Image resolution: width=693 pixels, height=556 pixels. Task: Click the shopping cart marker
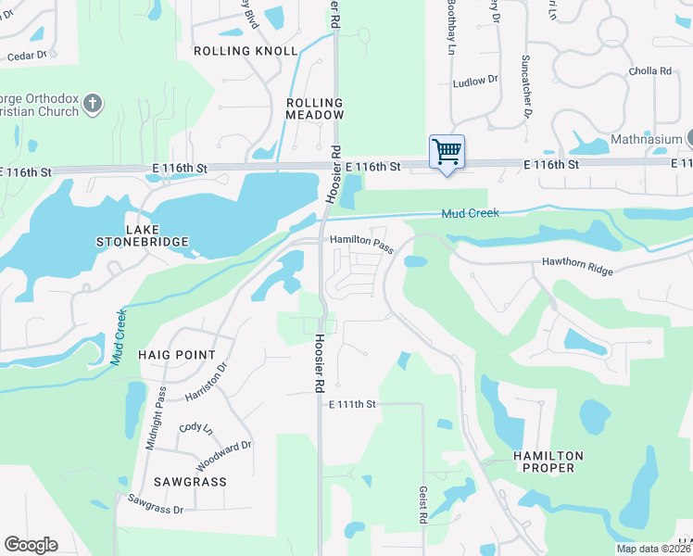[447, 151]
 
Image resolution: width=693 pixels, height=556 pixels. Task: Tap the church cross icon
[92, 103]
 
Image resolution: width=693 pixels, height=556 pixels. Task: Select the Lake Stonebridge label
[143, 235]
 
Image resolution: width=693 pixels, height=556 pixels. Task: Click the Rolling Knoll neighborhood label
[246, 51]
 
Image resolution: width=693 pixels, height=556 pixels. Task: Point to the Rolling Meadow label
[315, 108]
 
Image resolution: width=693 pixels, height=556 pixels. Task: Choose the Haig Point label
[176, 355]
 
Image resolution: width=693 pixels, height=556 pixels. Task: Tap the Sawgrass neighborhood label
[191, 482]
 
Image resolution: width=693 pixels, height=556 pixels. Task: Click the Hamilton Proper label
[549, 461]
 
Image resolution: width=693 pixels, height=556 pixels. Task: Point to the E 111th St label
[353, 404]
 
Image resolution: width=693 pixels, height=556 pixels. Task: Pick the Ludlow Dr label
[474, 82]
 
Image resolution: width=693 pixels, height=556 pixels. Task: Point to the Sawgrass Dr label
[156, 503]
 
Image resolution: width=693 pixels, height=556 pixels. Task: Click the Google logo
[31, 545]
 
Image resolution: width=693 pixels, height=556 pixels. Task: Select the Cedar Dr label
[26, 56]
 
